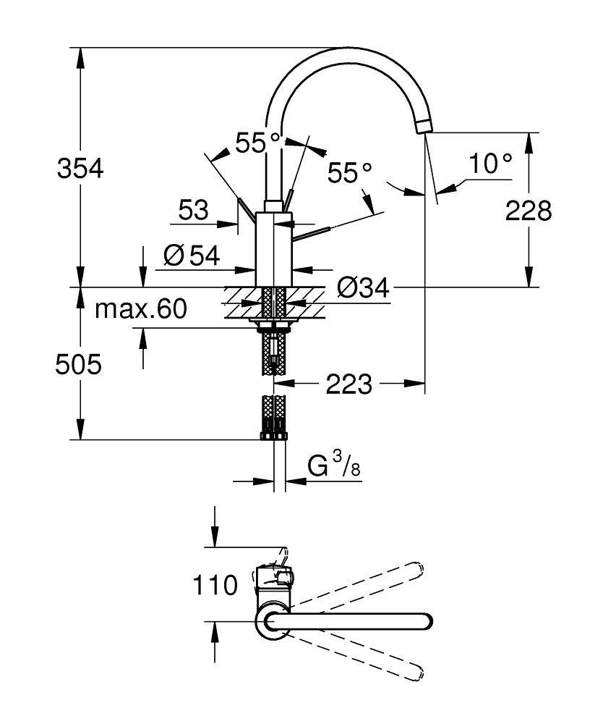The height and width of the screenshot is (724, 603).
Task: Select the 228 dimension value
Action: (x=529, y=211)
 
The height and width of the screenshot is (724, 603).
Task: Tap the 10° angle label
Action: (x=489, y=164)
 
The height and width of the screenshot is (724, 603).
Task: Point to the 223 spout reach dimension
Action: (x=348, y=384)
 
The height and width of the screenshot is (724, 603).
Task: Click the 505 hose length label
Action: (x=78, y=366)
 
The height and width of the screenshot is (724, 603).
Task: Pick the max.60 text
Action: (x=141, y=310)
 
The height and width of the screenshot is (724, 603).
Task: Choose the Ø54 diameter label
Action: (x=191, y=255)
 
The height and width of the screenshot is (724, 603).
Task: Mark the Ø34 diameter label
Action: (x=363, y=288)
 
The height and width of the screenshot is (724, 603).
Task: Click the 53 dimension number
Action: (x=193, y=211)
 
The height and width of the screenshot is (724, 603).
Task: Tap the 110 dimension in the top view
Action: (x=215, y=584)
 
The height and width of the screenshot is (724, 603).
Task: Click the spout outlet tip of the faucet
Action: (x=424, y=127)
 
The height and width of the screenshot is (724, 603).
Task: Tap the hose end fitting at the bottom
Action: (x=274, y=435)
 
